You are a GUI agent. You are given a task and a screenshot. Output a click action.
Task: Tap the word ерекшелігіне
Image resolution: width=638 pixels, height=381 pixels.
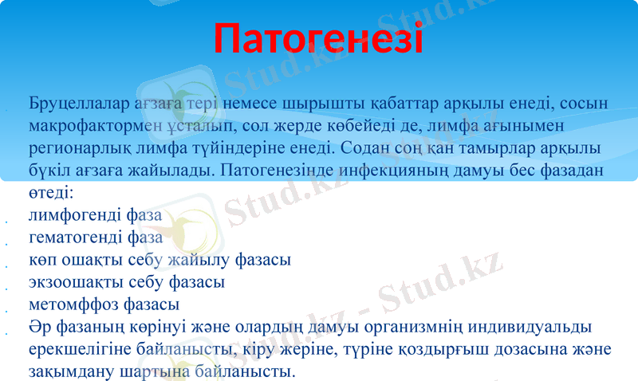[x=74, y=350]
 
